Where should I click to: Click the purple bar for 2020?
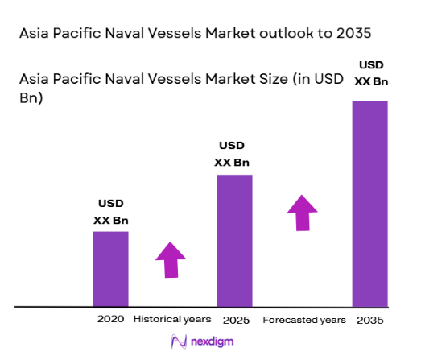pyautogui.click(x=110, y=269)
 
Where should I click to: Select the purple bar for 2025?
pyautogui.click(x=234, y=241)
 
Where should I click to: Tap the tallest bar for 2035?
pyautogui.click(x=369, y=204)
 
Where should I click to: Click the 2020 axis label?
pyautogui.click(x=110, y=320)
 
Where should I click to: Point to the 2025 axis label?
pyautogui.click(x=234, y=320)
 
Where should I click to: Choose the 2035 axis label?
pyautogui.click(x=369, y=320)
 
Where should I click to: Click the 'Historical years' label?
pyautogui.click(x=171, y=320)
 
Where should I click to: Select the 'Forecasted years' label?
pyautogui.click(x=304, y=320)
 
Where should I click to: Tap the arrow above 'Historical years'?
pyautogui.click(x=171, y=259)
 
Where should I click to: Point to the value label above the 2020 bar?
pyautogui.click(x=111, y=212)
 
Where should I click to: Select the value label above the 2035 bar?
pyautogui.click(x=369, y=71)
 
